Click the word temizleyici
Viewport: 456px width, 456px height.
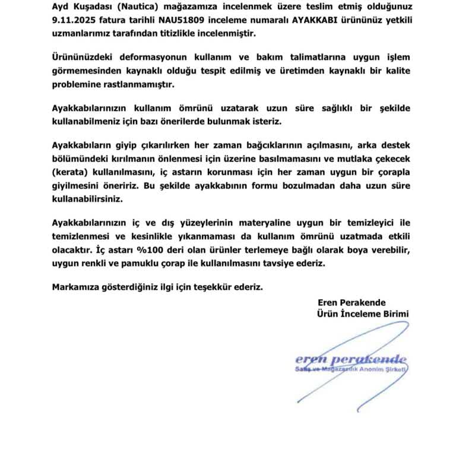pos(360,223)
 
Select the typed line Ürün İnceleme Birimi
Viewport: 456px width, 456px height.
pos(363,313)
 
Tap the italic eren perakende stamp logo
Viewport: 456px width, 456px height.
pos(351,359)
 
